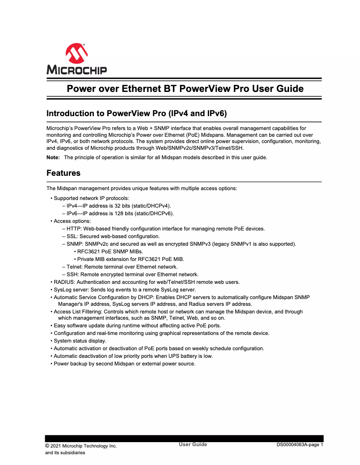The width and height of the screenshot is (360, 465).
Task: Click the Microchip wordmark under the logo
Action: pos(76,70)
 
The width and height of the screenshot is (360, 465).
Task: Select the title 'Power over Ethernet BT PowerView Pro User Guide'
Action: pos(185,88)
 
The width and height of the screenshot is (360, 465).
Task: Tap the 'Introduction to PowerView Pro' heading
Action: pos(140,113)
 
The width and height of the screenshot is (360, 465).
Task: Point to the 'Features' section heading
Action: pos(63,173)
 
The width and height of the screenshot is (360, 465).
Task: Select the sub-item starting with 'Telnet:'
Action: pos(122,266)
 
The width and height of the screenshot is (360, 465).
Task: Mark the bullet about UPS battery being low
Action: pos(133,356)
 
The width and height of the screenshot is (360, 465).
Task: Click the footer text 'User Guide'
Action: pos(193,444)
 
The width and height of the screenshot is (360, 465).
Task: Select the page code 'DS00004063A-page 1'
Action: pos(299,445)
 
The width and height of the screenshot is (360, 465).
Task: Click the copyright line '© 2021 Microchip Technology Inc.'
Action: pos(81,446)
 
